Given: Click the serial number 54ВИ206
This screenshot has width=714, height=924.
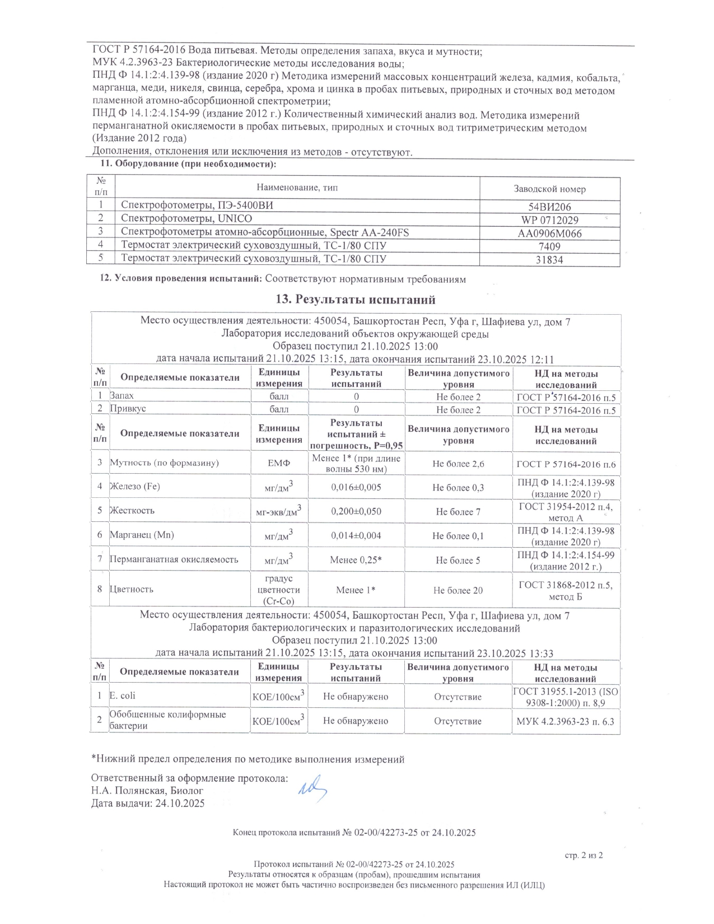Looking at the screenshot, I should click(x=549, y=207).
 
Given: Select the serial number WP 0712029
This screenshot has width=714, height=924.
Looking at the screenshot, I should click(x=549, y=220).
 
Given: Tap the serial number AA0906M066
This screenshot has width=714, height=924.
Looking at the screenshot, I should click(x=549, y=234).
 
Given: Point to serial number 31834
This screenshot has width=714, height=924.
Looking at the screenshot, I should click(x=549, y=260).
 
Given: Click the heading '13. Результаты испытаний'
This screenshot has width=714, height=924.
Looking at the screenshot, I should click(x=356, y=300).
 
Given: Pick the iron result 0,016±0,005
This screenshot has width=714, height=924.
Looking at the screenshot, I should click(x=356, y=487).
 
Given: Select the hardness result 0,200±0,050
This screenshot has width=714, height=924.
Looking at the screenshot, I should click(x=356, y=511).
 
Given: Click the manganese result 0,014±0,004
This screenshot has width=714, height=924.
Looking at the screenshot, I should click(x=356, y=536).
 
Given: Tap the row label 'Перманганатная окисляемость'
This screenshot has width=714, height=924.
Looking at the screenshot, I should click(x=174, y=559).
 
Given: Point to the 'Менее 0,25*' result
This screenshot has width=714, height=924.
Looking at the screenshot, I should click(x=356, y=560).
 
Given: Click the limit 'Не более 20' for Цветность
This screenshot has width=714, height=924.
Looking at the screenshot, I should click(x=458, y=590).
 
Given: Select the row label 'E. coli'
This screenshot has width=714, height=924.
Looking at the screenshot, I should click(x=122, y=696).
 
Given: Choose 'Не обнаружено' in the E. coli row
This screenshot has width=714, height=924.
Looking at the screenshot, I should click(x=356, y=697).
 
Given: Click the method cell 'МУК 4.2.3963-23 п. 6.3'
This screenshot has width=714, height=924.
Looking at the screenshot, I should click(x=565, y=721).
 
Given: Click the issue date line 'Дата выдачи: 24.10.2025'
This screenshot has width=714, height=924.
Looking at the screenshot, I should click(x=148, y=804).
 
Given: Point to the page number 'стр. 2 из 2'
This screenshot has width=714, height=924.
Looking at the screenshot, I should click(x=584, y=855).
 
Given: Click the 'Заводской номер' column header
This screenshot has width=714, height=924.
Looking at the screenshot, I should click(x=549, y=189).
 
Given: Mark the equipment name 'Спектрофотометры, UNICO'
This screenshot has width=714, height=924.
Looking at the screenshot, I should click(x=186, y=219).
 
